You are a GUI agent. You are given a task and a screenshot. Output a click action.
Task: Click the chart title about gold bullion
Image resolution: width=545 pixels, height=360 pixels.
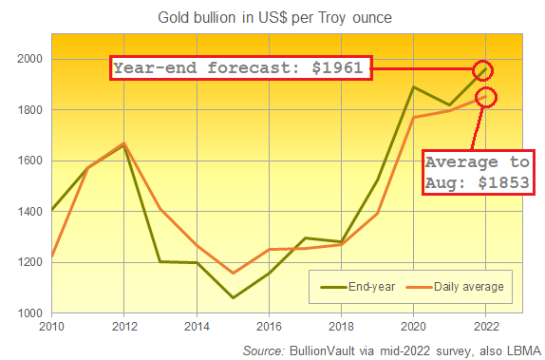click(x=272, y=16)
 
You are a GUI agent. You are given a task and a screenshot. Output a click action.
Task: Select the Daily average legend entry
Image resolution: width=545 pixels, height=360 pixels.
click(x=455, y=286)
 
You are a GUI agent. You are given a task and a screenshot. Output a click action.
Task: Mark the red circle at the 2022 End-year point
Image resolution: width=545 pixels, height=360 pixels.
click(x=485, y=69)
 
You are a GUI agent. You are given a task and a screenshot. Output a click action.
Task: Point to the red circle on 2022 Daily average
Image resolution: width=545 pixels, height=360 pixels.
click(x=485, y=96)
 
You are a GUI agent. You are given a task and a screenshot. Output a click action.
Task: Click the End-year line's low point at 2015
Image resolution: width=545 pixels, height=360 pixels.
click(x=234, y=297)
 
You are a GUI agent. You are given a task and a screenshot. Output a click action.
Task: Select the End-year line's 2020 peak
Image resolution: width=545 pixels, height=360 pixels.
click(x=413, y=87)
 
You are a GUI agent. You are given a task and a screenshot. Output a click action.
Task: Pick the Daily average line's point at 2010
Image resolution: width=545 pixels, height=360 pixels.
click(x=51, y=256)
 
